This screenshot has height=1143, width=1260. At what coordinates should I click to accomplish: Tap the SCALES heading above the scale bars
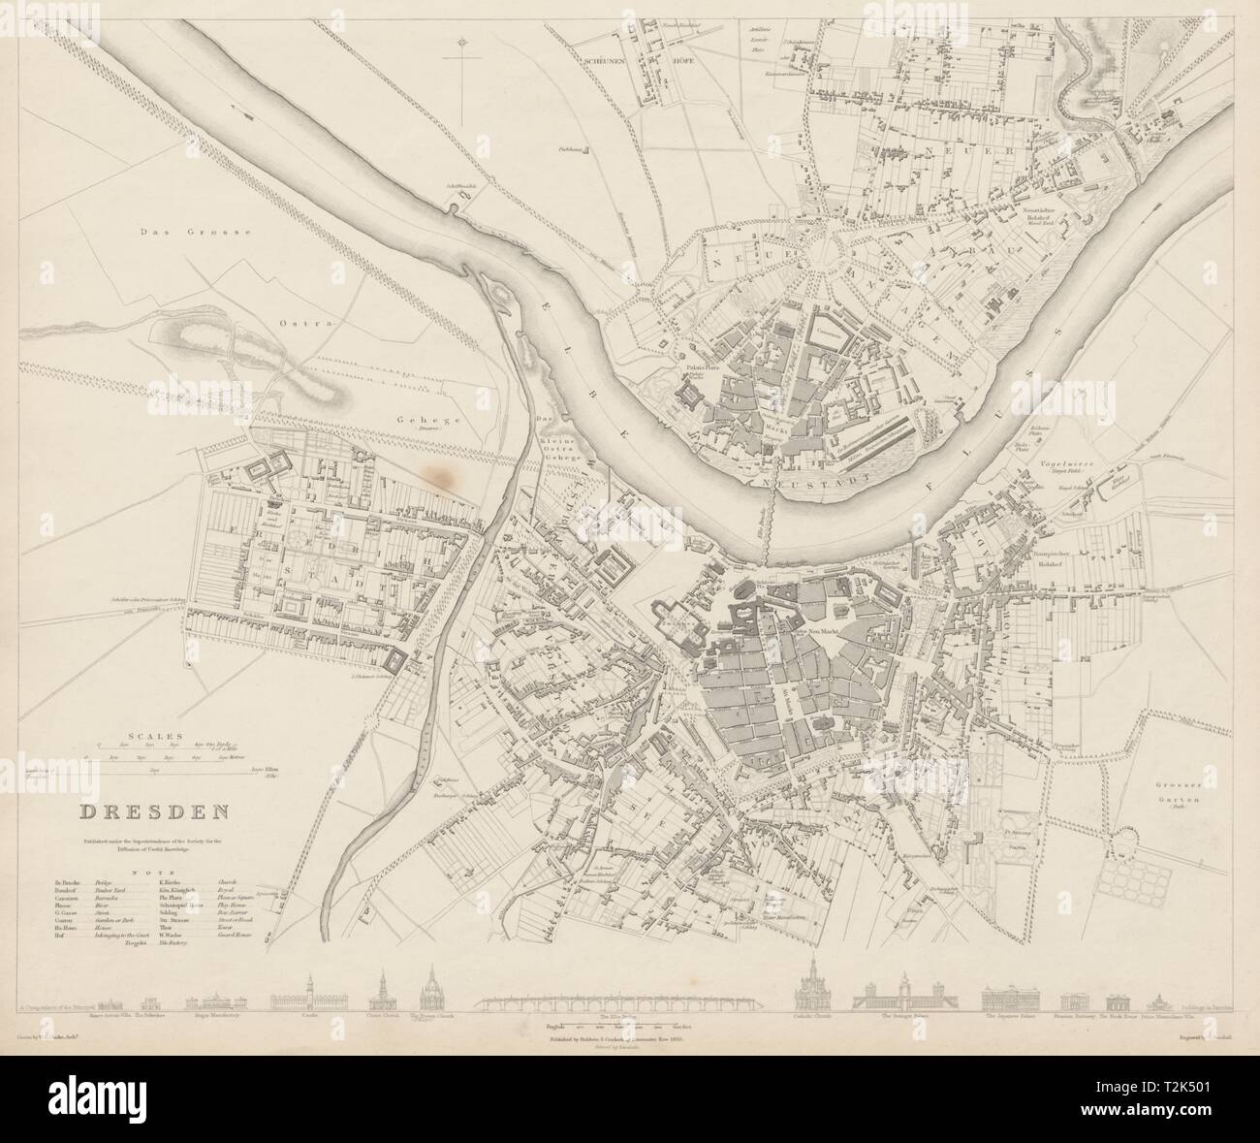click(150, 735)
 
